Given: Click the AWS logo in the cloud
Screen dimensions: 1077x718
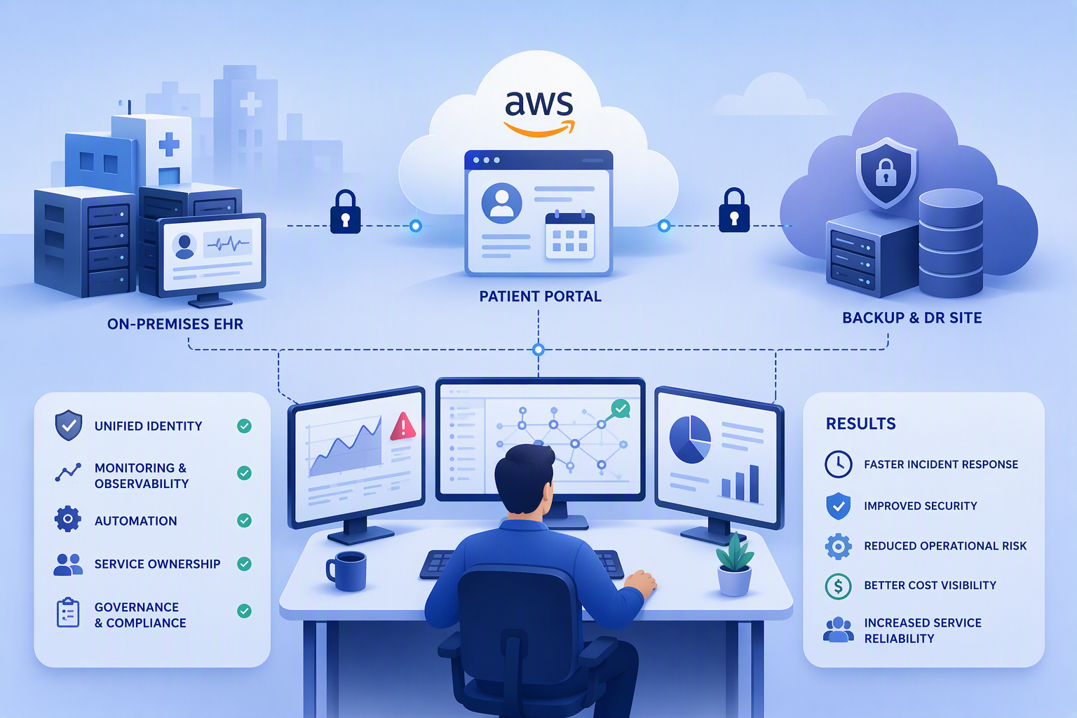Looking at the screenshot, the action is coord(539,114).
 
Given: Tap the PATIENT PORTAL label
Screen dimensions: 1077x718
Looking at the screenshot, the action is coord(541,296).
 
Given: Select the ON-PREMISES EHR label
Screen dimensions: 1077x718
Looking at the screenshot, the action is coord(175,324).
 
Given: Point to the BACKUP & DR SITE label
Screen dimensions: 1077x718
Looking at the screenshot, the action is coord(912,318).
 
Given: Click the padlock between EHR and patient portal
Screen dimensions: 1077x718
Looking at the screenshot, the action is coord(345,212).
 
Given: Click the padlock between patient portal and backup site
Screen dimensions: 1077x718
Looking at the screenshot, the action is coord(734,210).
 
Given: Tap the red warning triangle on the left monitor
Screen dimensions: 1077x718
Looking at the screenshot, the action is coord(403,426).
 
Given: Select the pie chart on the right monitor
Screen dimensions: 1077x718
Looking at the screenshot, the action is coord(690,440).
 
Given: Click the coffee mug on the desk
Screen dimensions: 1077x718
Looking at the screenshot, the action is coord(346,571).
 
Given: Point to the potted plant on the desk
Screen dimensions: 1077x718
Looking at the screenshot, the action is coord(734,564).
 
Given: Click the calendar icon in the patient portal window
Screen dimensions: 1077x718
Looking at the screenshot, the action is coord(570,235).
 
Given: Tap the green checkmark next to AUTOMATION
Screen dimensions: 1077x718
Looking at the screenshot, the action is coord(244,520).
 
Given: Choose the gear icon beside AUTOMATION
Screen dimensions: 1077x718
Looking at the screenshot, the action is coord(68,519).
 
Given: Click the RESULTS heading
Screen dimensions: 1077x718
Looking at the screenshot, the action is coord(860,424).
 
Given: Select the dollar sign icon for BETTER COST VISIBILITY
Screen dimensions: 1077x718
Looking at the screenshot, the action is coord(838,586).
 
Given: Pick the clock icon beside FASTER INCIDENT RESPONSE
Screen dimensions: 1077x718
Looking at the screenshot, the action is coord(838,464).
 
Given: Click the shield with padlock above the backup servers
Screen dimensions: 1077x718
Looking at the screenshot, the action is coord(886,172).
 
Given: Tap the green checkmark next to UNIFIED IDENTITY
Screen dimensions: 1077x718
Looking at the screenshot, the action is coord(244,426).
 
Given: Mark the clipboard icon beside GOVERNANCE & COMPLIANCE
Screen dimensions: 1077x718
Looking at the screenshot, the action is coord(68,613).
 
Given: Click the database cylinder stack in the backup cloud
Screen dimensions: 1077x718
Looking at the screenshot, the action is coord(951,243).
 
